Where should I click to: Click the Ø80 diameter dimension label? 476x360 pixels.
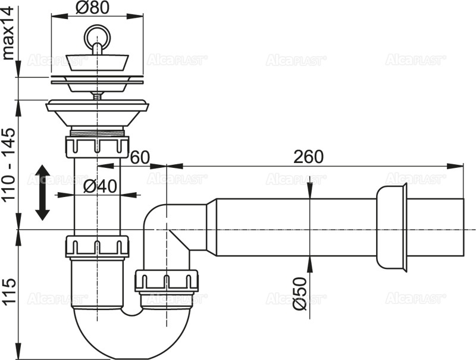coord(96,9)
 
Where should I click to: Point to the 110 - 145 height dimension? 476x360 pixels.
coord(8,165)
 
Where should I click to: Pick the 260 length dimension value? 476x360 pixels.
coord(308,157)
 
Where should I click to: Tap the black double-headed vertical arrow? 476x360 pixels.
coord(42,193)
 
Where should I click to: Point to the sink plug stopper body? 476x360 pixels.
coord(96,61)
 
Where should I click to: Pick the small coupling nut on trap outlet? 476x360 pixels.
coord(166,280)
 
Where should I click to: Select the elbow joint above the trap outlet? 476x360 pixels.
coord(170,223)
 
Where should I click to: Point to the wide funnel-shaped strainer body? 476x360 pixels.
coord(96,112)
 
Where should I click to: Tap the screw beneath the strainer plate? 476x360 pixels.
coord(96,93)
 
